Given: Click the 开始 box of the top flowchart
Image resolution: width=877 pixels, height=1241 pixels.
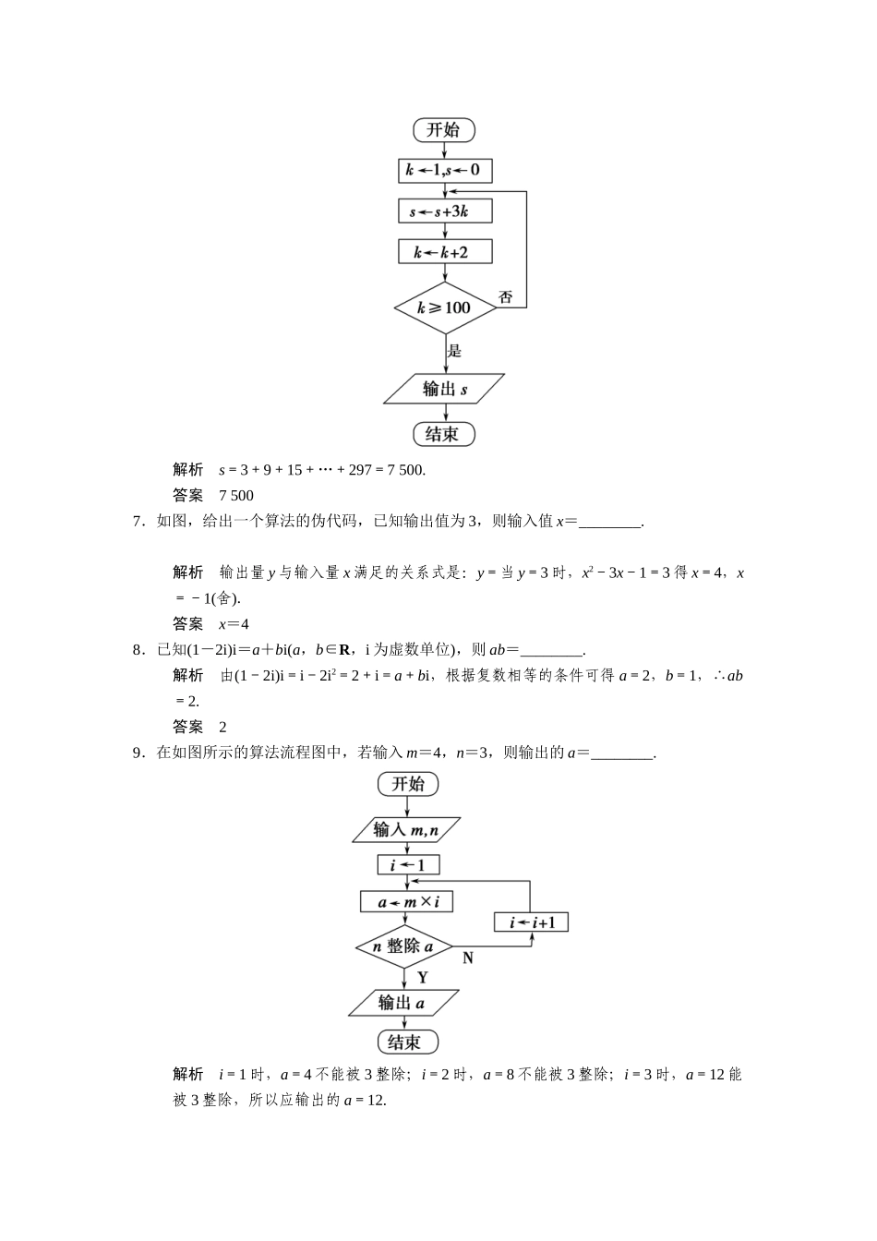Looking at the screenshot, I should coord(443,130).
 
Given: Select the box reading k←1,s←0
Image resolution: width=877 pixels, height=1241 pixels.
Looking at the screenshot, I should coord(444,171).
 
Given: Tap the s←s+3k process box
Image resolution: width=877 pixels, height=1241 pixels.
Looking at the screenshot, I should coord(444,211).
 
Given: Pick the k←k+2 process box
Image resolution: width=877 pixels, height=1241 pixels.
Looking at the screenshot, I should coord(444,252).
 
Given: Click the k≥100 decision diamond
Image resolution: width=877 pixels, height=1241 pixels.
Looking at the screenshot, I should coord(445,307).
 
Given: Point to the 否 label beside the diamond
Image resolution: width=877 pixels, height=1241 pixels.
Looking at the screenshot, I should coord(506,297).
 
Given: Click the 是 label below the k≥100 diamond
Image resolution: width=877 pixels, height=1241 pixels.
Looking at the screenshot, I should coord(454,351).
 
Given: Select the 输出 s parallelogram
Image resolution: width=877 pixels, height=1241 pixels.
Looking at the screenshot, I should coord(444,389).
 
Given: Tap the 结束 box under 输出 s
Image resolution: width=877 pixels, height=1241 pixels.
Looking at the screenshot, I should coord(443,433).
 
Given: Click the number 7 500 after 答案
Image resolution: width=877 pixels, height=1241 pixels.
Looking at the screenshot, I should coord(236,496).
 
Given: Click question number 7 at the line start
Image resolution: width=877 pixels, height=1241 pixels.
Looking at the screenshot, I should coord(138,522).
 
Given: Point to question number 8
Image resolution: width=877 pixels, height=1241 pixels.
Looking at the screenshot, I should coord(138,649).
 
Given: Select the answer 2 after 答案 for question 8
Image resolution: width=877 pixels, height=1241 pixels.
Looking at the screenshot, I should coord(223,727).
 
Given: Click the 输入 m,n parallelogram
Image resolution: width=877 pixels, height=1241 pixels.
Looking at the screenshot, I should coord(406,830).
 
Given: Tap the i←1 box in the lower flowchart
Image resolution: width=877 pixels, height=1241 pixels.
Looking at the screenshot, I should coord(407,865).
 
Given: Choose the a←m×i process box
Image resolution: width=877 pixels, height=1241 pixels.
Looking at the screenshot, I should coord(407,901).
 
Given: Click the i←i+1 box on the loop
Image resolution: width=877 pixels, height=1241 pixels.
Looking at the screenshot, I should coord(531,922).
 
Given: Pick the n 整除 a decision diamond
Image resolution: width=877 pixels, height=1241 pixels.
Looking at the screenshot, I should coord(403,946).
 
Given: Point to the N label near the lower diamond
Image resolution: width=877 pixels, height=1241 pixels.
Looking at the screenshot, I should coord(468,958).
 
